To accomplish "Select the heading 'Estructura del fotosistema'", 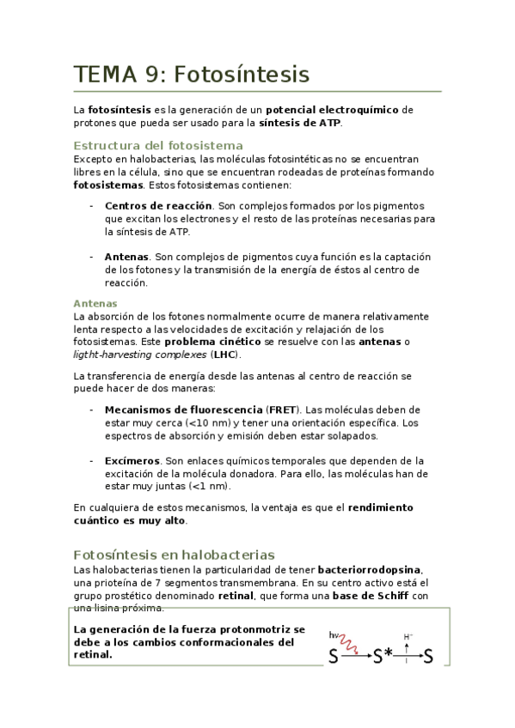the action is pos(158,145).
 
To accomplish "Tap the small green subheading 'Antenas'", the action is pos(95,303).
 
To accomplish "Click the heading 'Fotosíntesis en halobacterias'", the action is pos(174,555).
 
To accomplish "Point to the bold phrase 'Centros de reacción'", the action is pos(158,206).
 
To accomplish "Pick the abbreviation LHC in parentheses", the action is pos(226,355).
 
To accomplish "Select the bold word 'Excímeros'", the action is pos(132,460).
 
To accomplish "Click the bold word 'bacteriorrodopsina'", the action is pos(370,569).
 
